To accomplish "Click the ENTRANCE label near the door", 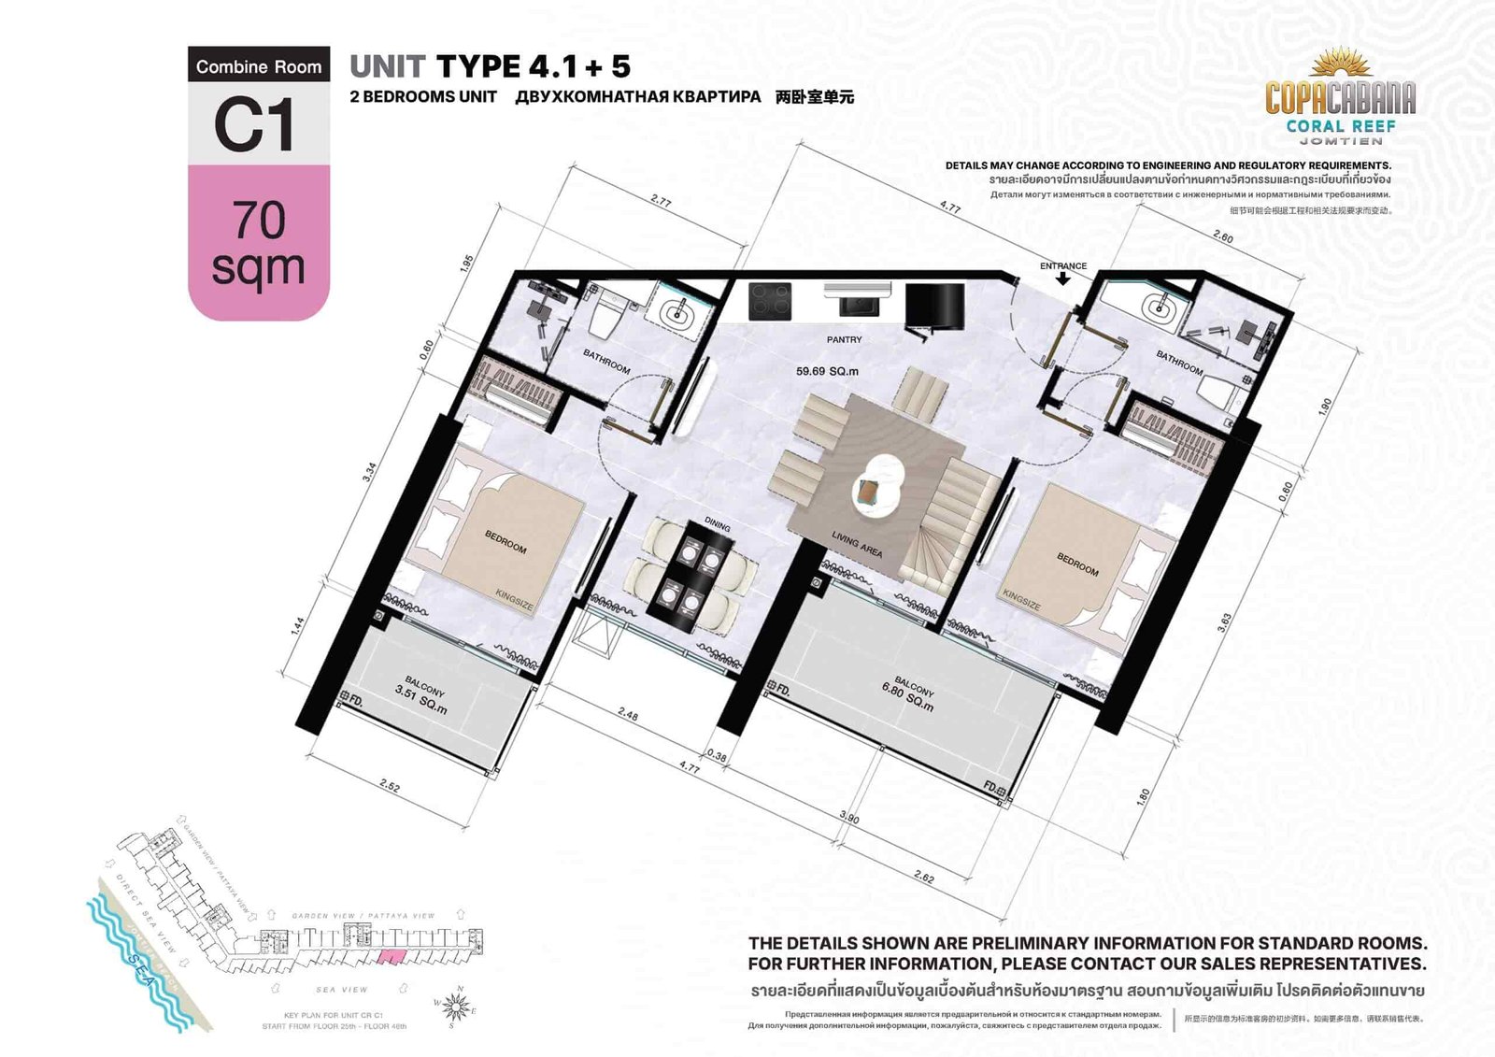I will [1063, 266].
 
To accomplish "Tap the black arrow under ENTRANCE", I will [1063, 279].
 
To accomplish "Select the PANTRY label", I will [844, 340].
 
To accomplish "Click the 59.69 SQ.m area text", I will [827, 371].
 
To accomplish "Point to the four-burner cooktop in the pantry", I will [770, 302].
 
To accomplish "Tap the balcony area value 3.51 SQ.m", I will [420, 700].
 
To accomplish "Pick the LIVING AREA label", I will [857, 544].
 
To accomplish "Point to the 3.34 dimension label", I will [370, 472].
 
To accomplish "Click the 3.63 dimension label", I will [1224, 622].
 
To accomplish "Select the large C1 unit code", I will [255, 124].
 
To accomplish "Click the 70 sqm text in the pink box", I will [259, 244].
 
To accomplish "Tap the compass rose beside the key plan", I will [456, 1007].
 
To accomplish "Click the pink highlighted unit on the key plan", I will [391, 955].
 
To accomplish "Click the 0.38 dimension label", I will [717, 755].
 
